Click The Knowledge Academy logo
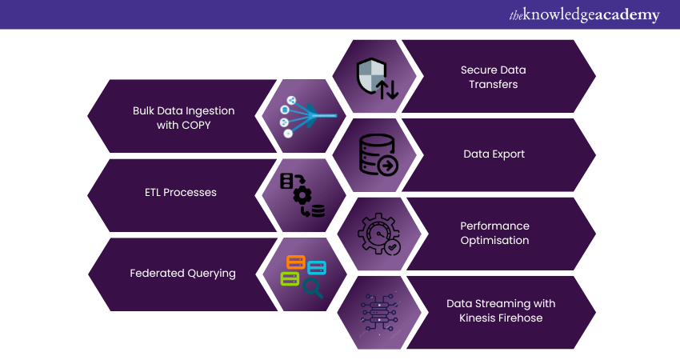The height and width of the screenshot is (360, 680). tap(584, 15)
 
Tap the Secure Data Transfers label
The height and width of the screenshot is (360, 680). tap(494, 77)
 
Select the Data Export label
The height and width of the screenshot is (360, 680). tap(494, 154)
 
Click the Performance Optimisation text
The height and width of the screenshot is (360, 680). tap(494, 233)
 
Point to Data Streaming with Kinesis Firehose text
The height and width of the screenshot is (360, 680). tap(501, 310)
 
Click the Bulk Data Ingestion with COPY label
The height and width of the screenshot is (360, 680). tap(184, 118)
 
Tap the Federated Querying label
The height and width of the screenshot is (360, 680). tap(182, 273)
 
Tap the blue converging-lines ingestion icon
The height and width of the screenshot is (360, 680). tap(304, 117)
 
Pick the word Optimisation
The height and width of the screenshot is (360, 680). tap(494, 240)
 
